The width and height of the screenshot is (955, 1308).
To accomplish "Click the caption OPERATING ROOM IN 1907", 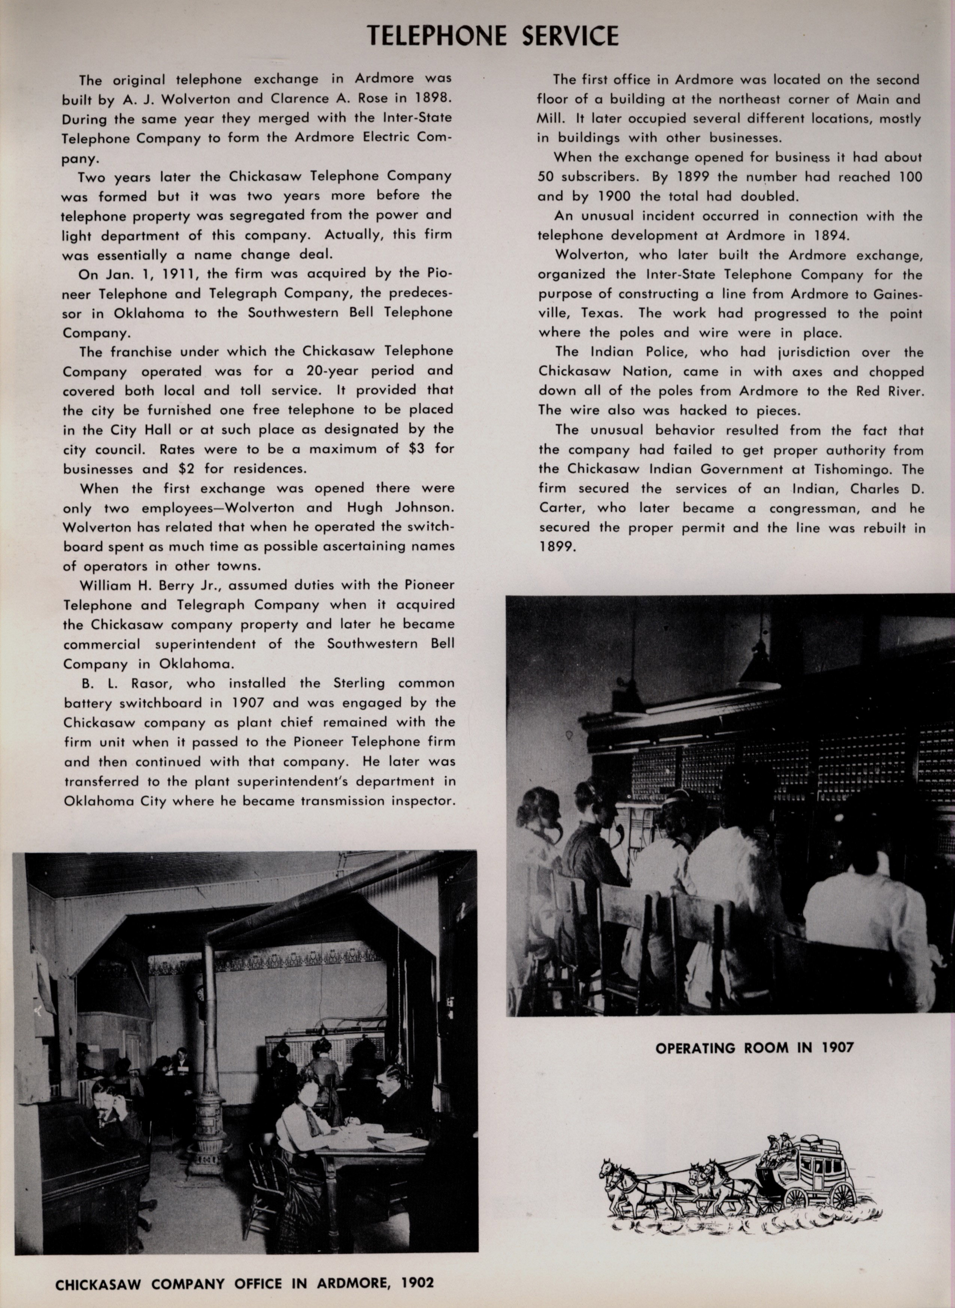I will point(754,1047).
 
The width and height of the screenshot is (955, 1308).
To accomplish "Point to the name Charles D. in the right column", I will point(887,489).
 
